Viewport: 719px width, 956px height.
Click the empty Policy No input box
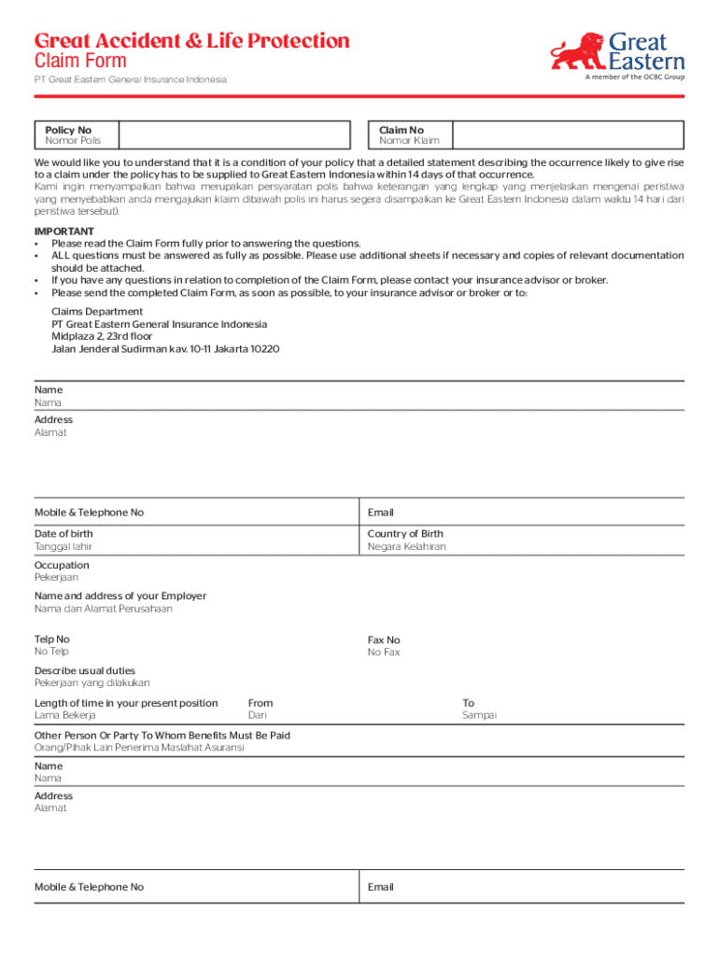coord(234,135)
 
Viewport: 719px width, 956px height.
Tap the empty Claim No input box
coord(568,135)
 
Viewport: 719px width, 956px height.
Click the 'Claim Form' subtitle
coord(80,62)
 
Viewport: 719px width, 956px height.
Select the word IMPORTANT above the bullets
coord(64,231)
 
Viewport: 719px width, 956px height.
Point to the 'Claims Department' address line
coord(97,312)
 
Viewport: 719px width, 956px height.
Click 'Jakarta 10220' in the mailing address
coord(247,349)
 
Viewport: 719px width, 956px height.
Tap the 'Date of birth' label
coord(63,534)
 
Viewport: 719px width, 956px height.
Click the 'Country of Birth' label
coord(405,534)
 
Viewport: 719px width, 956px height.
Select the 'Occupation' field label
coord(62,565)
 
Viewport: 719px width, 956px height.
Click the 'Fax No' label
coord(384,640)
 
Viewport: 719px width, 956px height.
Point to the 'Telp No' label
coord(52,640)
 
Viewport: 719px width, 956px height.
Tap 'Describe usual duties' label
coord(84,670)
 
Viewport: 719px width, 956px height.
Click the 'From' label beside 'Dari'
coord(261,703)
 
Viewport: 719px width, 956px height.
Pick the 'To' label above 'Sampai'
coord(469,703)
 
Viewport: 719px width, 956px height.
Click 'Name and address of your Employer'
coord(120,596)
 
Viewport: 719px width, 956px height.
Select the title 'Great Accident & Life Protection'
coord(192,41)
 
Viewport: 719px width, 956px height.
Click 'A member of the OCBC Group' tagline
coord(635,77)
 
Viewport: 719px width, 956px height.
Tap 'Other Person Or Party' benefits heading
coord(162,736)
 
